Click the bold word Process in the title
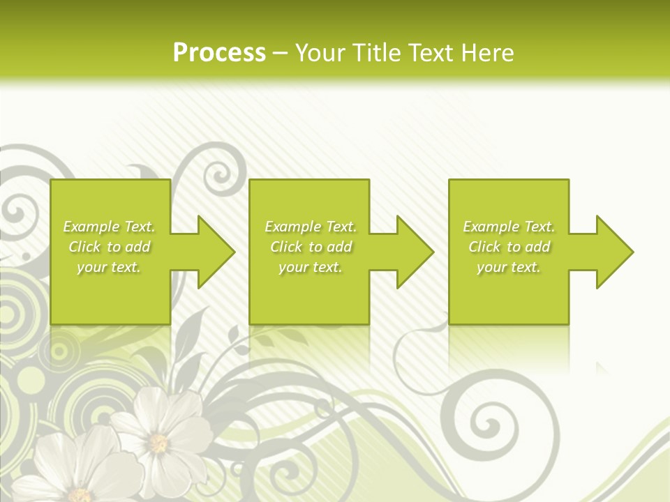(x=219, y=53)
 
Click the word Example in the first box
(x=91, y=227)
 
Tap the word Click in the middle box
(x=287, y=247)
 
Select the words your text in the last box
(x=508, y=267)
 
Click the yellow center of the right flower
(x=159, y=443)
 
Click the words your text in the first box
(x=108, y=267)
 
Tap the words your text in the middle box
(x=310, y=267)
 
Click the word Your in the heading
(x=320, y=53)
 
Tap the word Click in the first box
(x=85, y=247)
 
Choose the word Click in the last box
(x=485, y=247)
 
